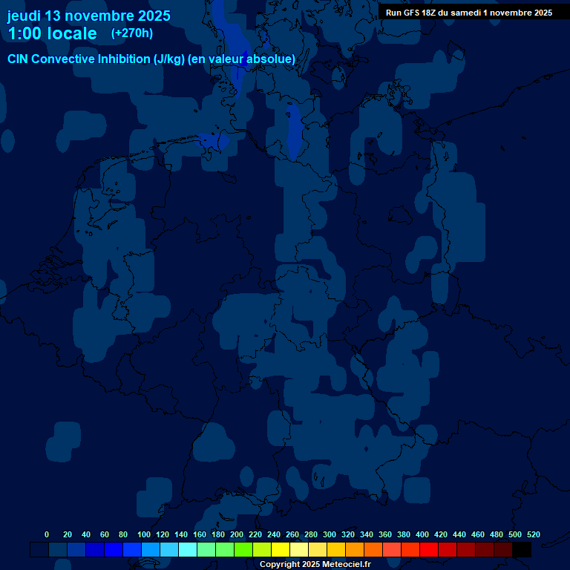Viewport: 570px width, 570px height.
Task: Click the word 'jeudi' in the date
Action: click(24, 16)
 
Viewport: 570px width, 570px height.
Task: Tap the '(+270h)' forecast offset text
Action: click(132, 33)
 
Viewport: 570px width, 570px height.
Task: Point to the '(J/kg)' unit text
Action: click(168, 59)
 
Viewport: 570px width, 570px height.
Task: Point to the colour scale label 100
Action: click(144, 534)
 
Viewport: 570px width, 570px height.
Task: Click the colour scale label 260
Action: click(292, 534)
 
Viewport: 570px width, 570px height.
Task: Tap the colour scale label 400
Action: click(422, 534)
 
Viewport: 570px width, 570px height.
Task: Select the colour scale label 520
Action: click(534, 534)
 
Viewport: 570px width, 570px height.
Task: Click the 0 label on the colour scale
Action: click(47, 534)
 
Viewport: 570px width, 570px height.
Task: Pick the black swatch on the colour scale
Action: click(522, 550)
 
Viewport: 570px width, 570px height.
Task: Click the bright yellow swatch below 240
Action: click(281, 550)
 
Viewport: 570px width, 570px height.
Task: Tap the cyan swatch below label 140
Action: click(188, 550)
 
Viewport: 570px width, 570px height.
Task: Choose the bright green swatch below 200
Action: click(243, 550)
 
